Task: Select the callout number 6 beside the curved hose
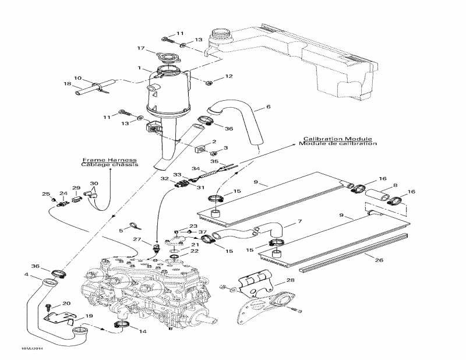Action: (269, 107)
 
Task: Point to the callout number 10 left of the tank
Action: (77, 77)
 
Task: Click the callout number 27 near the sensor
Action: (137, 239)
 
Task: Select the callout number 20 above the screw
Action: (66, 303)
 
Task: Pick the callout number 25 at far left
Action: (45, 194)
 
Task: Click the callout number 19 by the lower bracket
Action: (89, 316)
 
